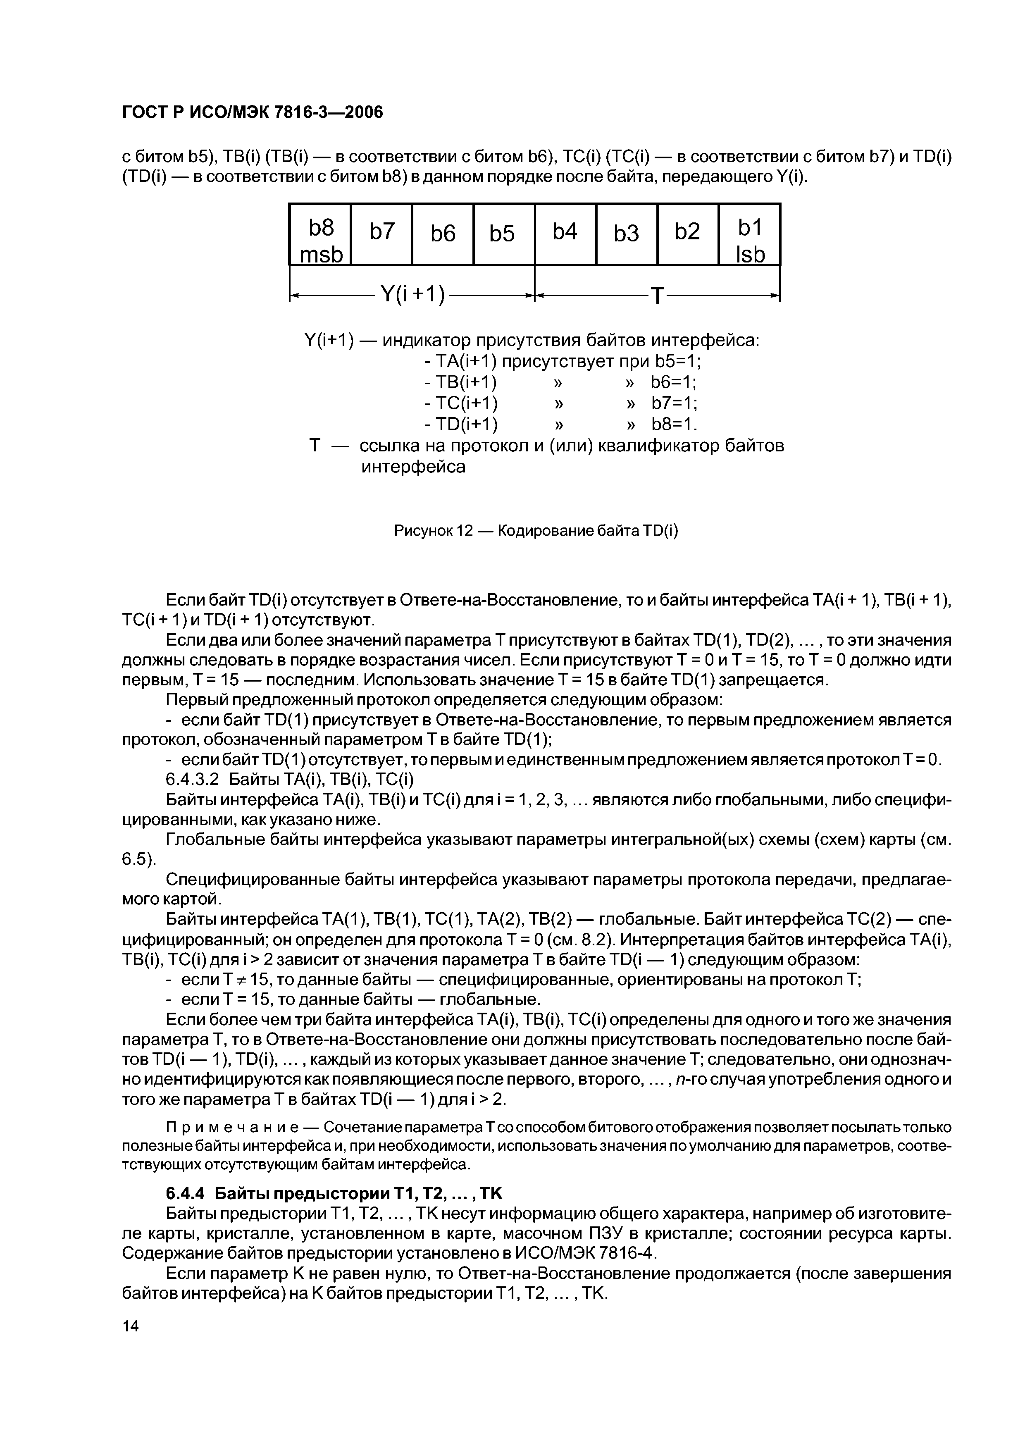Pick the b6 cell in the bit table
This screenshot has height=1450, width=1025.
click(443, 234)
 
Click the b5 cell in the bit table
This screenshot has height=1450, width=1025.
click(503, 234)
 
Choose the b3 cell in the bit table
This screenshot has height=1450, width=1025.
click(627, 234)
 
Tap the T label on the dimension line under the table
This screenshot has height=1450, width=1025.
click(658, 295)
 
